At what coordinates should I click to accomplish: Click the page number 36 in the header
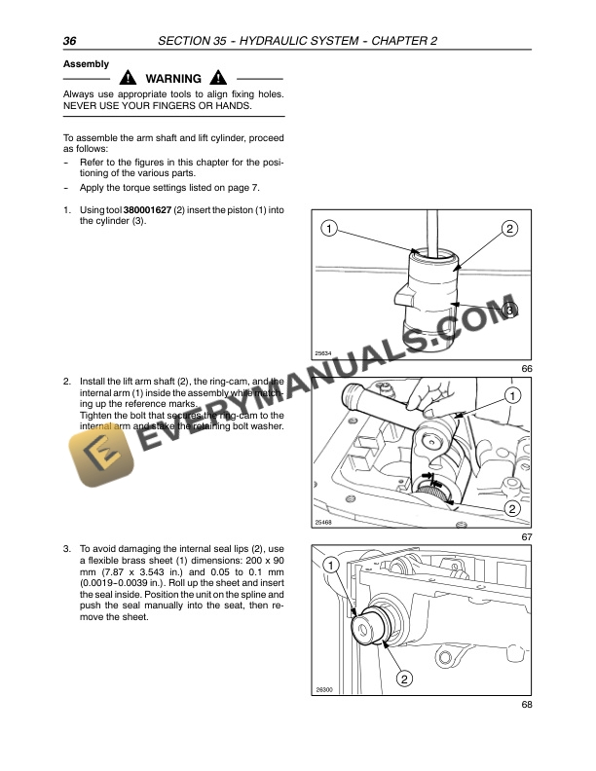pyautogui.click(x=70, y=40)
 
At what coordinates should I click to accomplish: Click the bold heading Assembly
pyautogui.click(x=86, y=63)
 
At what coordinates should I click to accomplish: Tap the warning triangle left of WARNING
pyautogui.click(x=129, y=79)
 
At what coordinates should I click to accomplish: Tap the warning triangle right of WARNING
pyautogui.click(x=217, y=79)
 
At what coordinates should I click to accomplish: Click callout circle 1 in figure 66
pyautogui.click(x=330, y=229)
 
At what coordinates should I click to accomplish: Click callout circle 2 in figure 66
pyautogui.click(x=510, y=229)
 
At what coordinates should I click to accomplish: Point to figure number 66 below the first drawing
pyautogui.click(x=527, y=369)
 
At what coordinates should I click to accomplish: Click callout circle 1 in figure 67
pyautogui.click(x=511, y=394)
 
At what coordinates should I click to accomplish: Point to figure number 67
pyautogui.click(x=527, y=536)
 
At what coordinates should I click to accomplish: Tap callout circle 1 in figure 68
pyautogui.click(x=331, y=565)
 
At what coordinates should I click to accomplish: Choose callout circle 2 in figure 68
pyautogui.click(x=403, y=678)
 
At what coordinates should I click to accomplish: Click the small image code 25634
pyautogui.click(x=324, y=353)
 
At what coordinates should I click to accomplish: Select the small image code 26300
pyautogui.click(x=324, y=690)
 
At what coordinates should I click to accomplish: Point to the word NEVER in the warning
pyautogui.click(x=82, y=105)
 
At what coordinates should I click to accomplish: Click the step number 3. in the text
pyautogui.click(x=66, y=548)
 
